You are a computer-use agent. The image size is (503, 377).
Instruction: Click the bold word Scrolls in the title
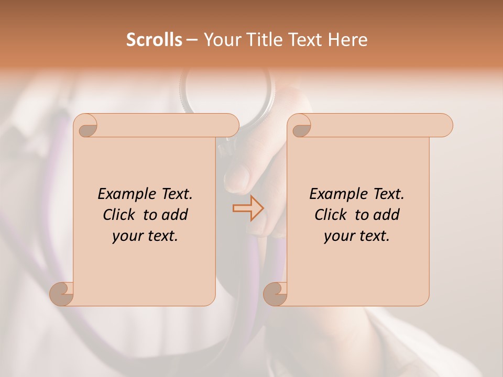coord(155,40)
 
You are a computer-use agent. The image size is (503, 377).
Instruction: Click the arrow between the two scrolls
coord(248,208)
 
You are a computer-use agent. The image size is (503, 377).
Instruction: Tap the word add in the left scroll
coord(176,215)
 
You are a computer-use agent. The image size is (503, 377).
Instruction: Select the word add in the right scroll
coord(387,215)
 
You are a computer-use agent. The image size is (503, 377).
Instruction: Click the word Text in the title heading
coord(310,40)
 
